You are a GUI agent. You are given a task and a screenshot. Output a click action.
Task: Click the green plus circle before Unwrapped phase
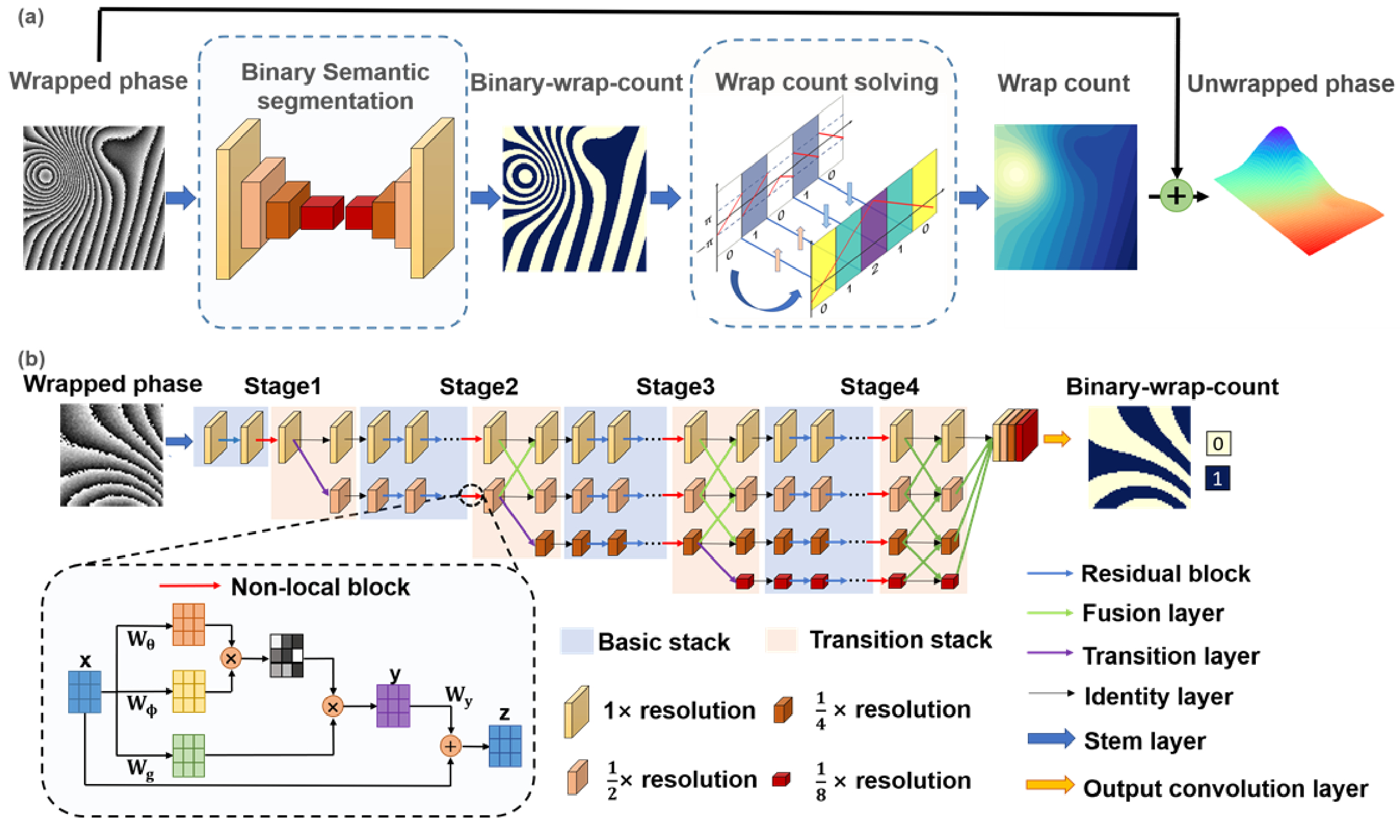(1176, 196)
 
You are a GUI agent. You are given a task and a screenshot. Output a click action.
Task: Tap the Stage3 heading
(675, 386)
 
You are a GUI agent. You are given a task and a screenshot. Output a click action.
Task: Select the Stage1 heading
(282, 386)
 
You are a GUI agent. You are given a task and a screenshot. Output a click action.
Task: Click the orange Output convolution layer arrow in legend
(1050, 785)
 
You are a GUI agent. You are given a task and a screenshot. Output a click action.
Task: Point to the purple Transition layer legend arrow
(1050, 653)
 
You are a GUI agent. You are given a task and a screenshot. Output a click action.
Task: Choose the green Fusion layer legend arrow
(1050, 613)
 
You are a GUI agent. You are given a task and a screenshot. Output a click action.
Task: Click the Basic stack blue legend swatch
(577, 641)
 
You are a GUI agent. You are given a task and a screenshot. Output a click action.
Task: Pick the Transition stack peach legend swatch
(781, 641)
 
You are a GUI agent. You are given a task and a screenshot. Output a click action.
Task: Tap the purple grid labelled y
(393, 706)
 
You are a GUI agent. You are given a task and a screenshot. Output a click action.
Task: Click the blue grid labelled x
(85, 692)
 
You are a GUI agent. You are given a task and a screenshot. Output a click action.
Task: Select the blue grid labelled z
(505, 746)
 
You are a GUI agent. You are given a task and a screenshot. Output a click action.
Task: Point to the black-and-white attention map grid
(286, 656)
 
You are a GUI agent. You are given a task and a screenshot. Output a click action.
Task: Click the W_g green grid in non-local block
(189, 755)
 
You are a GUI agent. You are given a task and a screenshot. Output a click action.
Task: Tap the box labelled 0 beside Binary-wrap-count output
(1218, 443)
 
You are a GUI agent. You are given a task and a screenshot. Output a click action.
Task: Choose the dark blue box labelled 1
(1218, 479)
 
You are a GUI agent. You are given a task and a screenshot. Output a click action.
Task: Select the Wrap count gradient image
(1066, 197)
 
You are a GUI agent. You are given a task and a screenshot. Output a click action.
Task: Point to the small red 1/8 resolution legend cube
(781, 779)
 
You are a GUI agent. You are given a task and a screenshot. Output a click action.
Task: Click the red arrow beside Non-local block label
(190, 585)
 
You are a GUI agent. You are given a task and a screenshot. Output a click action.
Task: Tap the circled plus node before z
(451, 746)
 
